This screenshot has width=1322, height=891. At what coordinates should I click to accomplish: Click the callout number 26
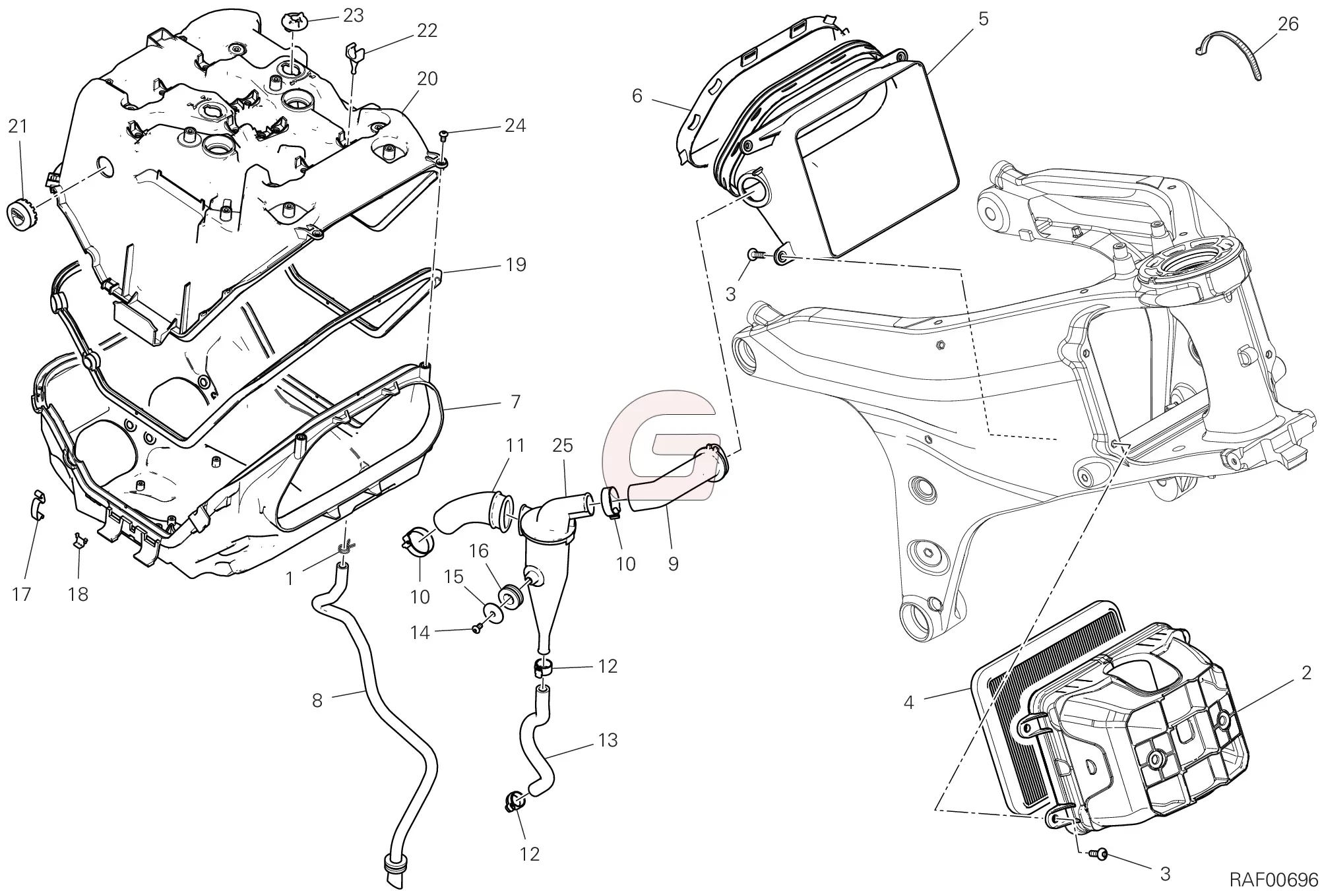point(1287,24)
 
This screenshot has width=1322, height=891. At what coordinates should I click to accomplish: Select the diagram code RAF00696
point(1273,878)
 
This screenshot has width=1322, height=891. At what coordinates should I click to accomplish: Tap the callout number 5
point(983,19)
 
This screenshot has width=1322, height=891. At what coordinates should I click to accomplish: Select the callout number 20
point(427,79)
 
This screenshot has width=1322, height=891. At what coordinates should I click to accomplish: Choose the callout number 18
point(78,594)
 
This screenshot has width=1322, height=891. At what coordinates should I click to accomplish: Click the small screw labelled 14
point(476,629)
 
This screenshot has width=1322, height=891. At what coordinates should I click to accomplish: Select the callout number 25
point(563,446)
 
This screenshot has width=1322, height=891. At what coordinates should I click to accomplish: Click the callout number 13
point(607,740)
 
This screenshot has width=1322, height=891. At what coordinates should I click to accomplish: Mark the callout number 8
point(317,700)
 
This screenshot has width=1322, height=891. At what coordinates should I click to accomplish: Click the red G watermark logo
point(660,442)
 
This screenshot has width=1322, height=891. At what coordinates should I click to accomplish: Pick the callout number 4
point(909,703)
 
